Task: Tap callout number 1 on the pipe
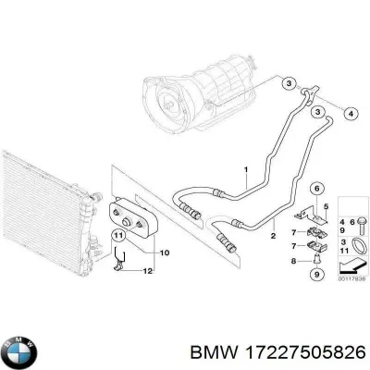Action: (245, 169)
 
